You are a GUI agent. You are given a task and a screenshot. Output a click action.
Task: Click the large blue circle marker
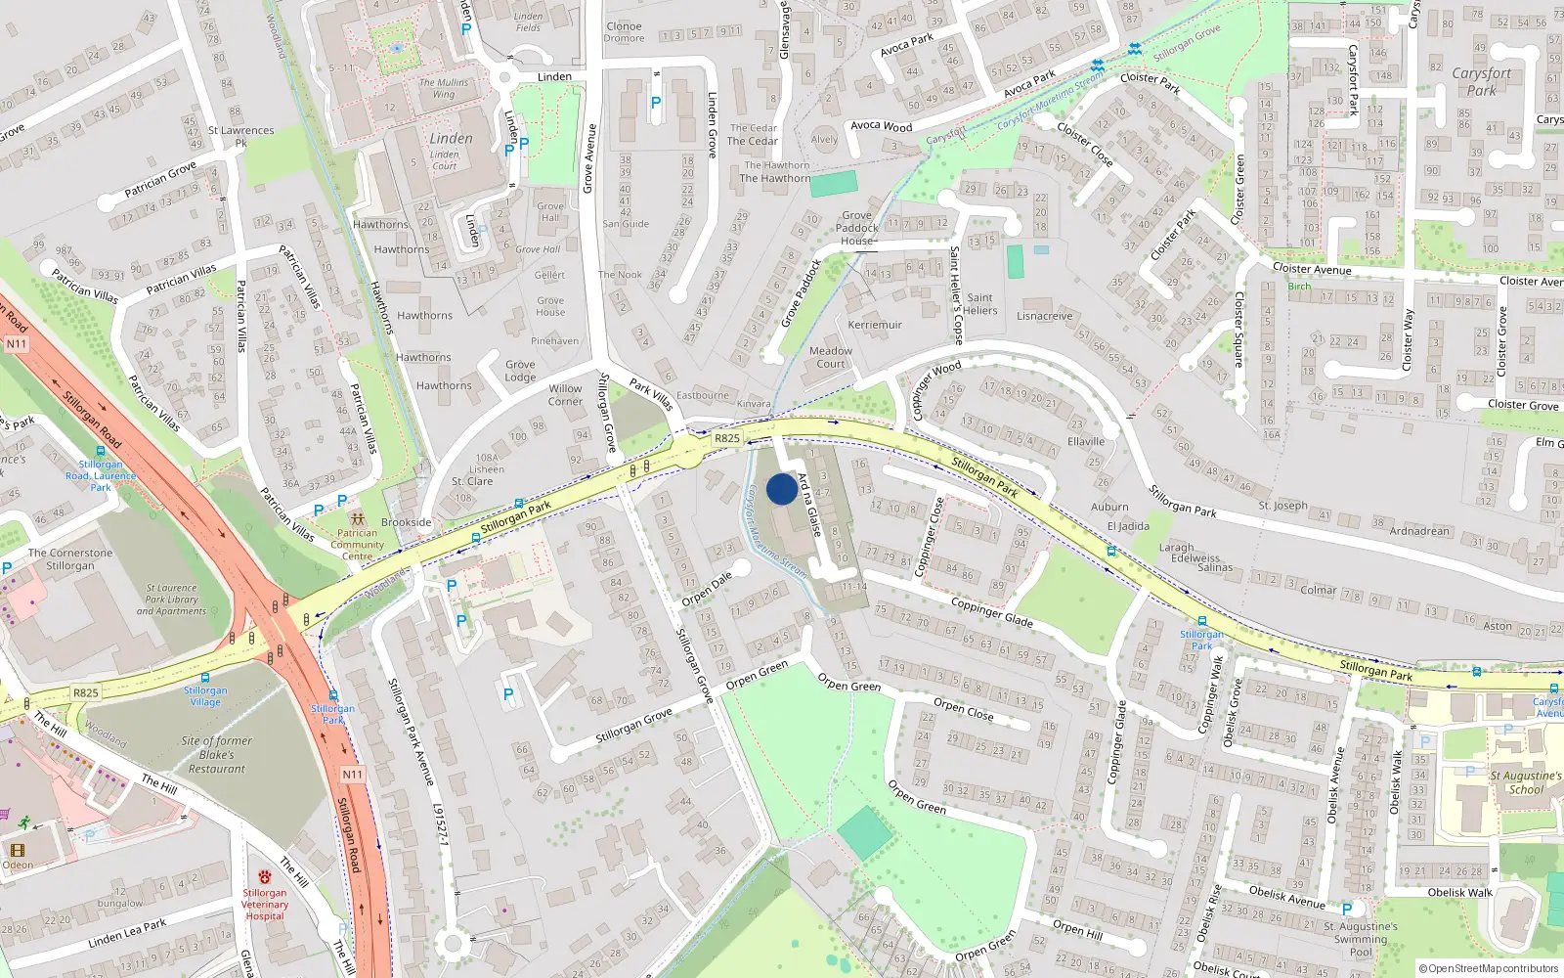782,489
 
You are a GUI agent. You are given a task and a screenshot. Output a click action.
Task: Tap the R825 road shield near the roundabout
727,438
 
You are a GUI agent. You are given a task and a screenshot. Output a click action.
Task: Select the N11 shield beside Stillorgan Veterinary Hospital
352,775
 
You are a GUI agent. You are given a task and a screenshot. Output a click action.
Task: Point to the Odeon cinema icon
18,850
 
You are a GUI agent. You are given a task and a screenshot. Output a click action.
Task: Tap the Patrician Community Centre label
358,545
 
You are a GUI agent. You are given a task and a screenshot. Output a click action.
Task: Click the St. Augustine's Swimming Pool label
1361,939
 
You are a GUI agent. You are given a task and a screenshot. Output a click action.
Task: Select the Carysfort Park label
1482,81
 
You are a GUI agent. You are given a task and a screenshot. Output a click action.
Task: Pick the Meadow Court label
831,357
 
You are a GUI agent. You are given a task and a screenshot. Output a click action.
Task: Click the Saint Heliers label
980,304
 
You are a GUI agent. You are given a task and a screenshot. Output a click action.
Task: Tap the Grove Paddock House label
857,228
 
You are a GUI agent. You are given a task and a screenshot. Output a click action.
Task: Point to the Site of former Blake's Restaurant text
216,754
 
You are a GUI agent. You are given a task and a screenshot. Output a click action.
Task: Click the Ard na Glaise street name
809,504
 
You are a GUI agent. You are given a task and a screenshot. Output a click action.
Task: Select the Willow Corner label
565,395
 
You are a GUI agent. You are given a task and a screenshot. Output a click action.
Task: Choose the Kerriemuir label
875,325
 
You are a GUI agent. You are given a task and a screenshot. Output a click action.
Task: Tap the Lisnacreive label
1044,316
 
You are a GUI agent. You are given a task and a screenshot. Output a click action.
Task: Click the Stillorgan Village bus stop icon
205,677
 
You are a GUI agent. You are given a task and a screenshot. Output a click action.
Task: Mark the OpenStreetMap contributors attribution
1489,968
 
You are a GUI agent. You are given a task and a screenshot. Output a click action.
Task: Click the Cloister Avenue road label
1312,269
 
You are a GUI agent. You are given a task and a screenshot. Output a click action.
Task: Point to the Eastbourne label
703,395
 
